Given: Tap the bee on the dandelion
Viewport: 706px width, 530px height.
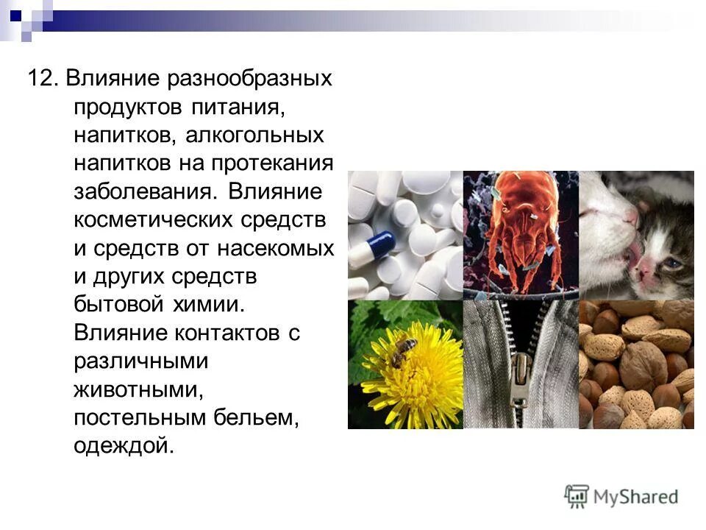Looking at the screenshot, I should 403,351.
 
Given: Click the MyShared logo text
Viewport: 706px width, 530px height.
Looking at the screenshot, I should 636,496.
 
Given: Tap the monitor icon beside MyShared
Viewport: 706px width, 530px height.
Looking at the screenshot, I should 577,495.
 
